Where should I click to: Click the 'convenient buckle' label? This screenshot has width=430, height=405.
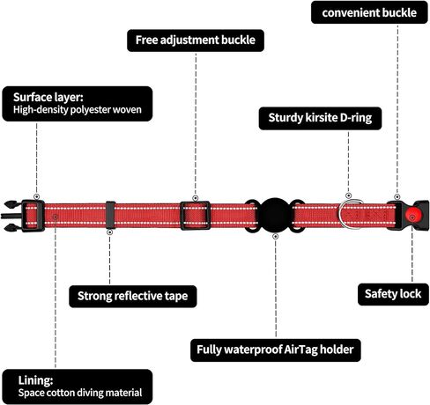369,12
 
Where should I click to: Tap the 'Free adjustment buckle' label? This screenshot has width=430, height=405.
196,40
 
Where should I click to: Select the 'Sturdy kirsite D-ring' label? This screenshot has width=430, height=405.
320,118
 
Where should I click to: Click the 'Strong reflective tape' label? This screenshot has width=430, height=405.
132,296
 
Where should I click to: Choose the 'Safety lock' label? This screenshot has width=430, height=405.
393,294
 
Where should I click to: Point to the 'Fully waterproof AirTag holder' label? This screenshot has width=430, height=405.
275,350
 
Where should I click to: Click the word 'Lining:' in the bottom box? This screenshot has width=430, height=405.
35,380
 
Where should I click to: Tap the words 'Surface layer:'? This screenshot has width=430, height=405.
48,97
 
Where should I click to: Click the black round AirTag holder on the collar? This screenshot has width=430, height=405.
275,216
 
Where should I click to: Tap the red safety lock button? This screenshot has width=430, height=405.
413,216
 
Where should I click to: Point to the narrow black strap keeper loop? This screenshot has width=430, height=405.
110,215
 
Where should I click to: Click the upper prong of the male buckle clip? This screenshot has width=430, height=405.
12,204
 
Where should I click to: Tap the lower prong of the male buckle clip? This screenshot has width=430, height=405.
12,227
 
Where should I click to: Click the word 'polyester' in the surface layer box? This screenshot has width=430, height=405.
90,110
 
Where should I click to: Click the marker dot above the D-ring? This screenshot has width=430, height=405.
348,195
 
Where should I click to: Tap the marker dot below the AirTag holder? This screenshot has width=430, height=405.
275,236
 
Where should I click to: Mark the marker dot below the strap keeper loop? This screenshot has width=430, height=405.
109,232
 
